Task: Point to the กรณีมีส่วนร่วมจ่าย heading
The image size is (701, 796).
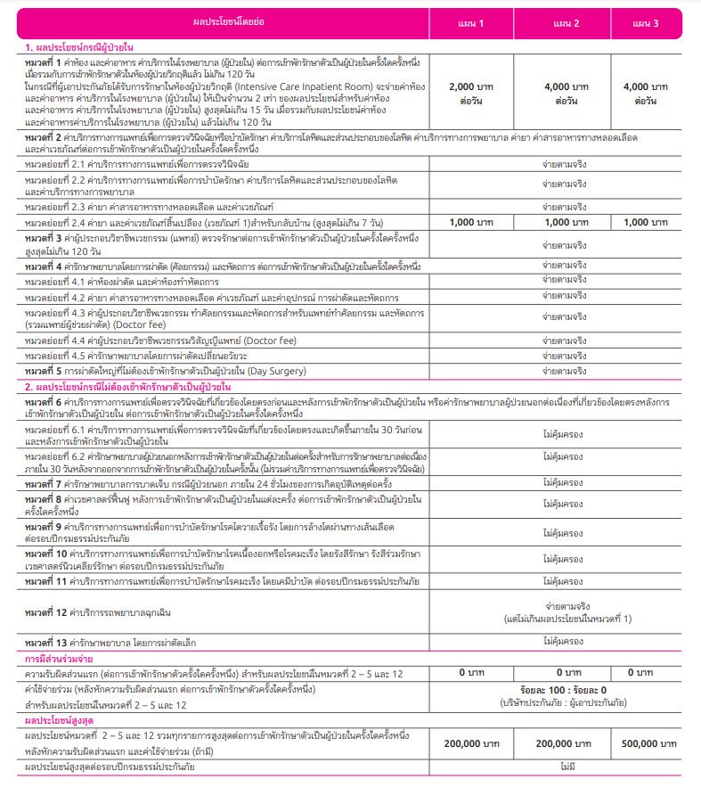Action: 61,658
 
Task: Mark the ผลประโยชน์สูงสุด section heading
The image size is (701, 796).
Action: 60,718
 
